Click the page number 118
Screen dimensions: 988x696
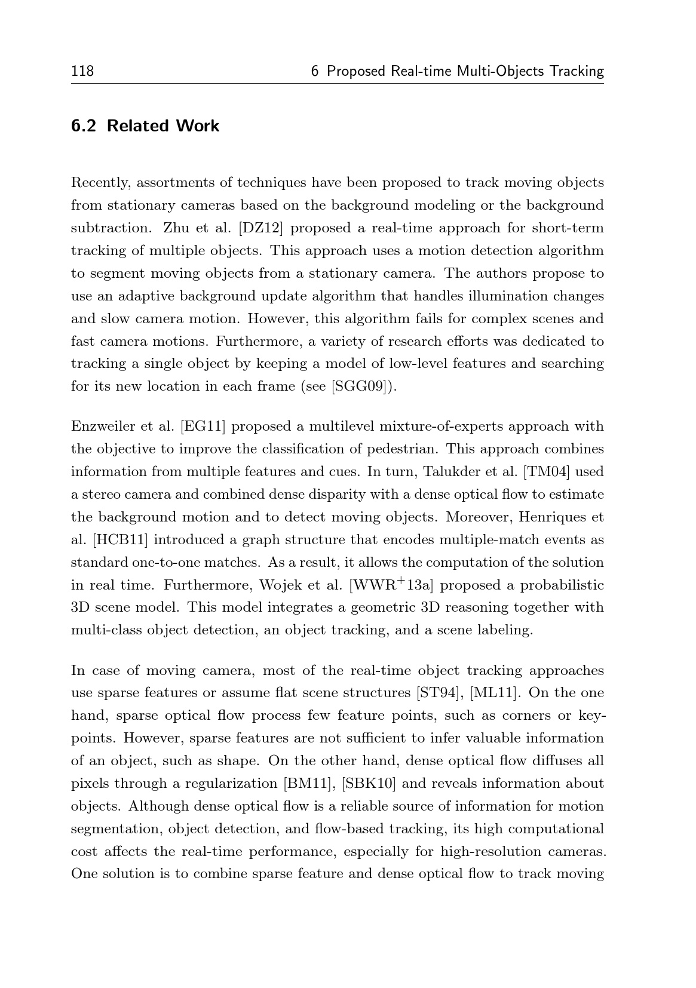click(x=82, y=72)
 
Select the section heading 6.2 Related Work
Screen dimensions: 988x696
click(x=145, y=126)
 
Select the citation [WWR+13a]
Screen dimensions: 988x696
click(x=394, y=585)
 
